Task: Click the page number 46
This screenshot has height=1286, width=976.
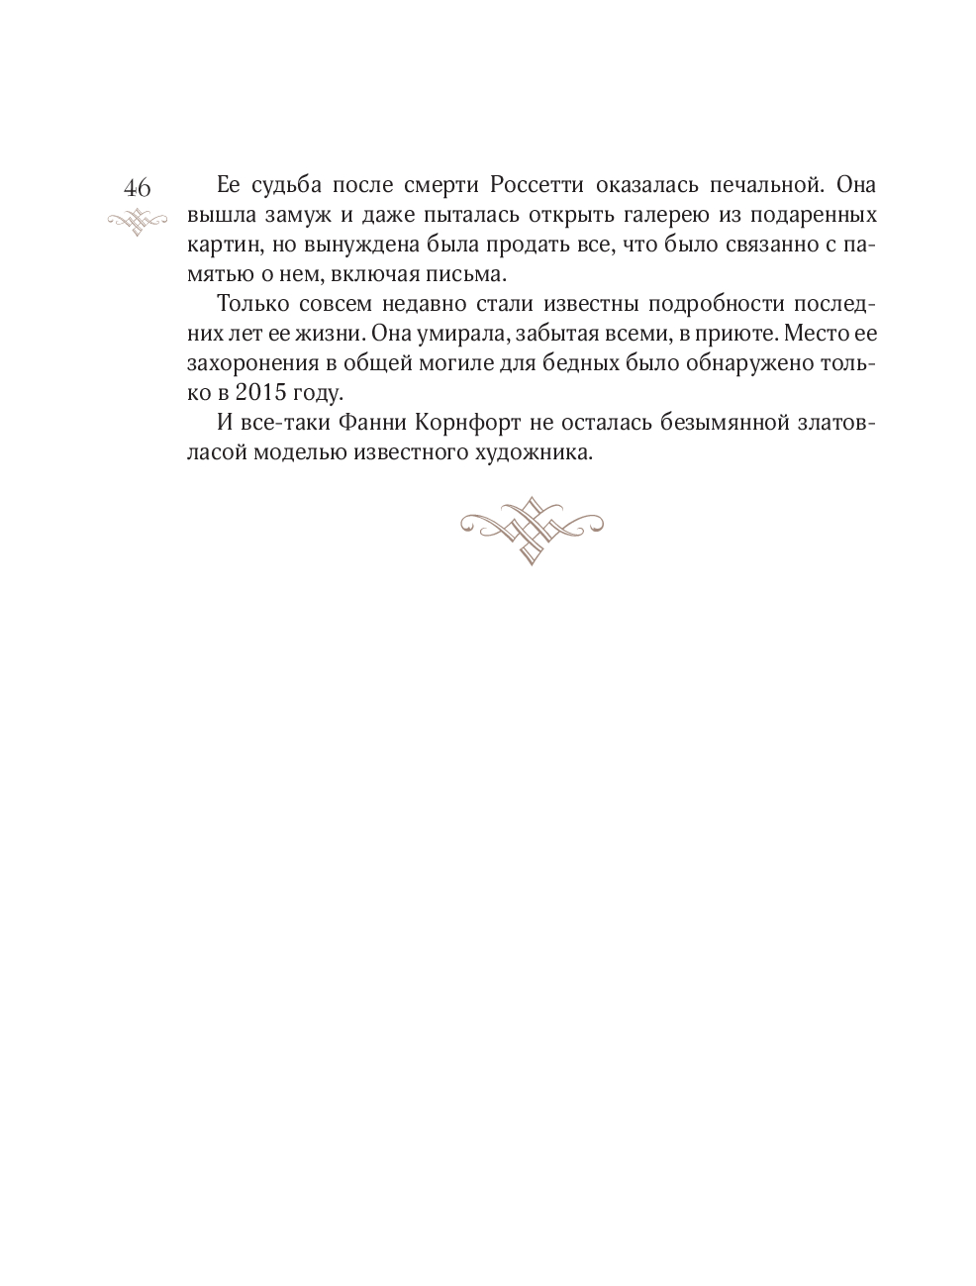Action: (138, 188)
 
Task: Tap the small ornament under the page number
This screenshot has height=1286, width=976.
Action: (138, 221)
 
